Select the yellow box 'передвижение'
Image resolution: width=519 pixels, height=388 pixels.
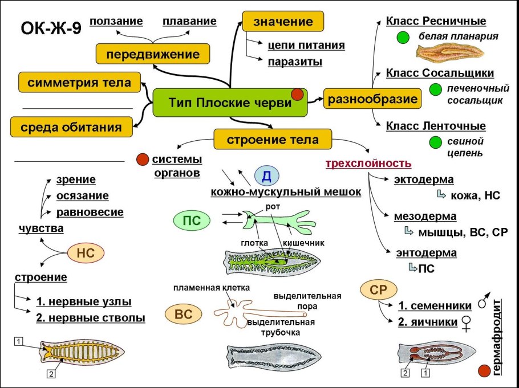(152, 55)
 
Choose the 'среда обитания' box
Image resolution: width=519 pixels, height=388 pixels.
(71, 126)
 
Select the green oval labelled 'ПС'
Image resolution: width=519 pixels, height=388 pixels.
(191, 220)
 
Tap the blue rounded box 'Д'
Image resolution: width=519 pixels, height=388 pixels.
(266, 176)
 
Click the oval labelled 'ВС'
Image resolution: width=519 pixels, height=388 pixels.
(182, 313)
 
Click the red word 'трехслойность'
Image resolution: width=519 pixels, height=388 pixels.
(368, 164)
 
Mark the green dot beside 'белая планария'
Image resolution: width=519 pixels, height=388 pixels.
(404, 38)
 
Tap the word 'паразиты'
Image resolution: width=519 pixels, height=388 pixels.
(295, 61)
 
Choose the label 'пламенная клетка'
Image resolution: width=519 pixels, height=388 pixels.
(212, 289)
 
